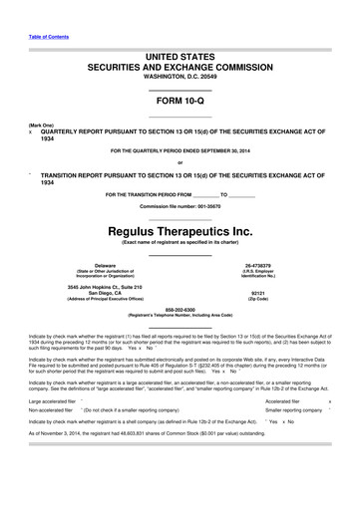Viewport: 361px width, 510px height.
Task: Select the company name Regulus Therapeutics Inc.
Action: click(x=180, y=226)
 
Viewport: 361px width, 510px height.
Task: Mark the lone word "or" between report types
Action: click(x=180, y=162)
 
